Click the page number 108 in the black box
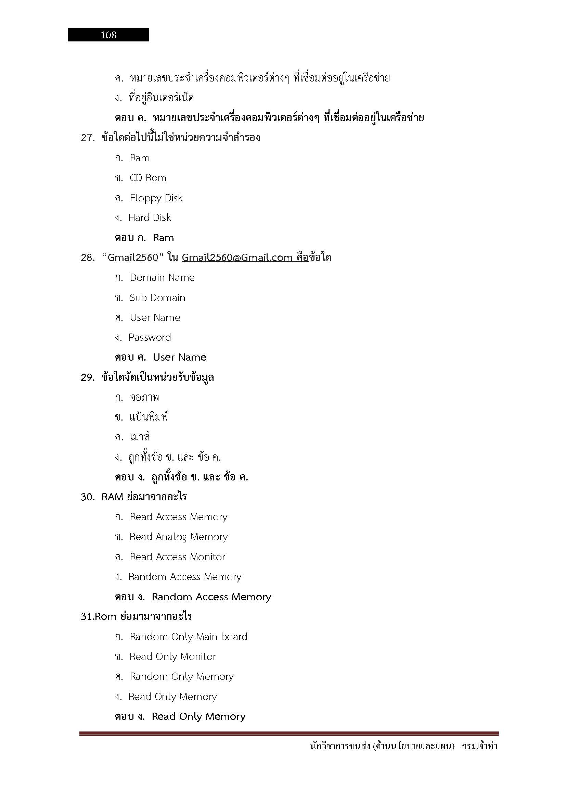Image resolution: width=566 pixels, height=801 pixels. [108, 35]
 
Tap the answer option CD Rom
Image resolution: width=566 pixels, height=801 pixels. [148, 178]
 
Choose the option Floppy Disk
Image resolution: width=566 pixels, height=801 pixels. [156, 198]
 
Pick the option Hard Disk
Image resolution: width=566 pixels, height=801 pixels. [150, 218]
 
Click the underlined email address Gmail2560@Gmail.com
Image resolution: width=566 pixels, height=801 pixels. [237, 258]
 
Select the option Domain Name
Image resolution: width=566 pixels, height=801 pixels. [162, 278]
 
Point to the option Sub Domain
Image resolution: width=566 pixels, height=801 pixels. [157, 298]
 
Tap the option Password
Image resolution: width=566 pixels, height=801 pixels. [150, 337]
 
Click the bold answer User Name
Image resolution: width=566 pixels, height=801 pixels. [180, 357]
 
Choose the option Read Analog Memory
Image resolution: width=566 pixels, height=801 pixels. [178, 537]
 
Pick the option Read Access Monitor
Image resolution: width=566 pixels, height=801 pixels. [177, 557]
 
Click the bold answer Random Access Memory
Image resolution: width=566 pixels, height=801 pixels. [211, 597]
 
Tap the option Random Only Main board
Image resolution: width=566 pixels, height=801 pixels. [188, 637]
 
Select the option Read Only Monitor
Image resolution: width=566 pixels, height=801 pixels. [172, 656]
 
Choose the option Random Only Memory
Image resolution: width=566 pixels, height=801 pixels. [182, 676]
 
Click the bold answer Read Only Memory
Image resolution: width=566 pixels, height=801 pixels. [199, 716]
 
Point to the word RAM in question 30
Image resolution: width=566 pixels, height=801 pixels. [112, 497]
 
